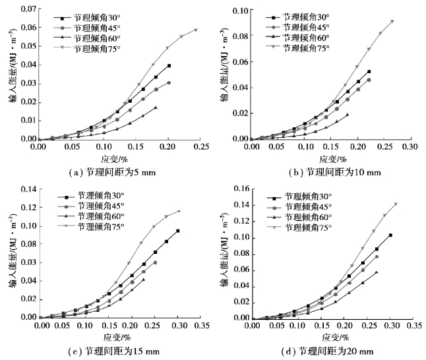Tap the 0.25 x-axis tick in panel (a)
point(197,146)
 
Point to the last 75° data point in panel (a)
point(196,30)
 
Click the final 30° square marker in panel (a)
point(169,65)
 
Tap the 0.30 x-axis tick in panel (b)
point(410,146)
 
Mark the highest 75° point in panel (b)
point(392,21)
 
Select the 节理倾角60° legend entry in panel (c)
point(98,216)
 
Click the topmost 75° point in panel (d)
point(396,204)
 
